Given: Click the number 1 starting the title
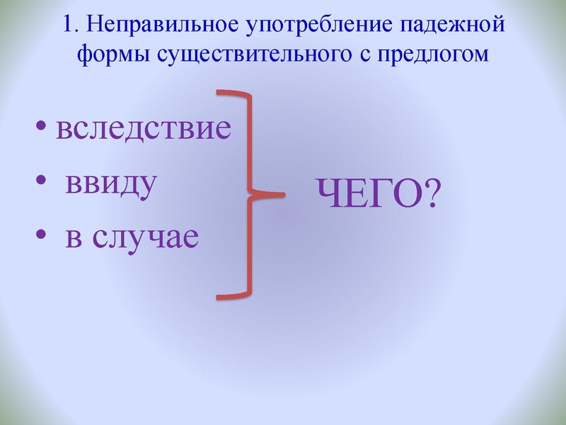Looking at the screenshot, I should tap(67, 26).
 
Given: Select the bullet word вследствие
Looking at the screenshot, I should tap(144, 130).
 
